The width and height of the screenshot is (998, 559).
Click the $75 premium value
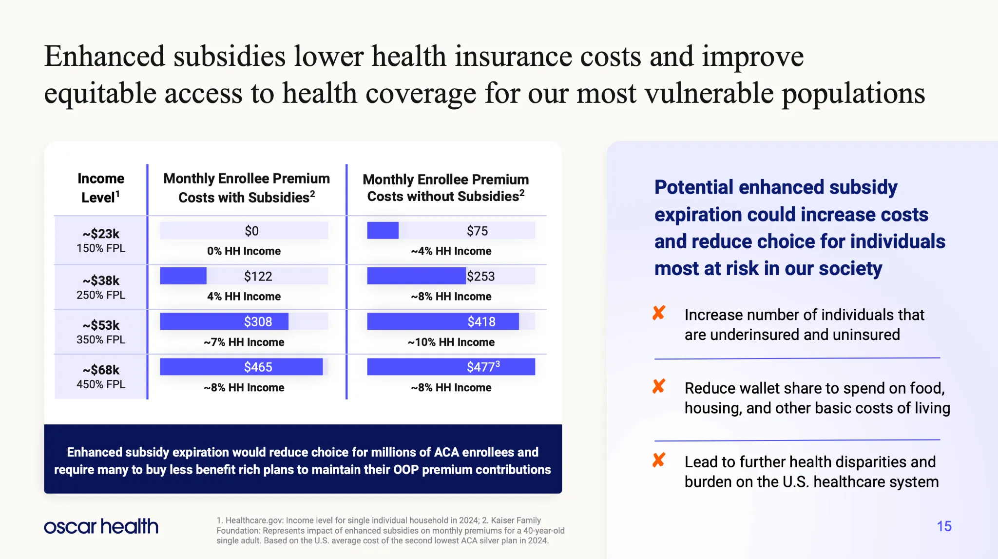[477, 231]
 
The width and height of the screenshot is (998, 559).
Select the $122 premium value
[258, 277]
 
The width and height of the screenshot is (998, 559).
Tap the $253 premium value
[480, 277]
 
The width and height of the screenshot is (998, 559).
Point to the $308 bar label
[258, 322]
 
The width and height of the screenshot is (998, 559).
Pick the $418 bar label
[481, 322]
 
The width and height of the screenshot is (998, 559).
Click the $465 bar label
[258, 367]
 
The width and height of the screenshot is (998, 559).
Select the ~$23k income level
[101, 234]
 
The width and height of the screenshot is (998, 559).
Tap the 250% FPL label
[101, 295]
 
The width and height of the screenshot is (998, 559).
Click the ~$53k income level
[101, 325]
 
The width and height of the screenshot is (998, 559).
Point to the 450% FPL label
[101, 384]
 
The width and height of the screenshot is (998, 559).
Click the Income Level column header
[101, 188]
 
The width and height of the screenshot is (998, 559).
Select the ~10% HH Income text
[451, 342]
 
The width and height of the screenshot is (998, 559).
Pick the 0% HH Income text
[244, 251]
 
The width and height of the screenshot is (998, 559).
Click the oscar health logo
[101, 526]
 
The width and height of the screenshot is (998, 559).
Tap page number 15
[944, 526]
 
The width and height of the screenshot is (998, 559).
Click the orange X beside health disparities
[659, 460]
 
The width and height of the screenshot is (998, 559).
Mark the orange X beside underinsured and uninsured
[659, 313]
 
